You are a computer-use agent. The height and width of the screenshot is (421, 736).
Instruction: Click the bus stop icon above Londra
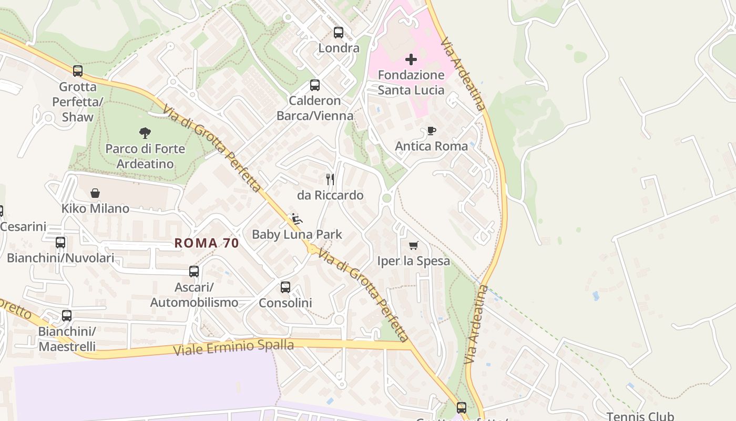[x=339, y=33]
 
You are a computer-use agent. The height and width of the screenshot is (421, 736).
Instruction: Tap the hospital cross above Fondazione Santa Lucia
[x=411, y=59]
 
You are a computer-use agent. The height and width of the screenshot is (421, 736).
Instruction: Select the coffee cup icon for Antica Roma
[x=432, y=131]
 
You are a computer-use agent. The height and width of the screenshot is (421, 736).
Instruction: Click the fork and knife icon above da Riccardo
[x=330, y=179]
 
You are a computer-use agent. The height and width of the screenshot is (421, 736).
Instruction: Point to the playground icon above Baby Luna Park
[x=297, y=219]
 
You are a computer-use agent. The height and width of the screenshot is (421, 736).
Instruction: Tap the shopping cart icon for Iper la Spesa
[x=414, y=245]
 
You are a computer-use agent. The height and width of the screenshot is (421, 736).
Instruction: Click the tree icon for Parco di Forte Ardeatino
[x=145, y=133]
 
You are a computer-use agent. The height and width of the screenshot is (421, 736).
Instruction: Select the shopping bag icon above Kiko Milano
[x=95, y=193]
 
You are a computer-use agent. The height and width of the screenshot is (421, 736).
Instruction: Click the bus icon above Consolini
[x=285, y=287]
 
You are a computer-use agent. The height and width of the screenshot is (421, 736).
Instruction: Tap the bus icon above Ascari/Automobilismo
[x=194, y=272]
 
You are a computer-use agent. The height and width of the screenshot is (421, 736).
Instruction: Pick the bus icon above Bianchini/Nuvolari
[x=60, y=243]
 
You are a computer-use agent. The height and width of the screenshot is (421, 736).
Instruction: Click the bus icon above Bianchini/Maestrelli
[x=67, y=316]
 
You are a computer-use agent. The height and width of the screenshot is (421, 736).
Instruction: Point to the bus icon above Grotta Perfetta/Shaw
[x=78, y=71]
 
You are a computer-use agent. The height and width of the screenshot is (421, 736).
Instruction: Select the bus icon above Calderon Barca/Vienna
[x=315, y=85]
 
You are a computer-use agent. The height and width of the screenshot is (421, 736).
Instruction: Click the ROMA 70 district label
[x=207, y=243]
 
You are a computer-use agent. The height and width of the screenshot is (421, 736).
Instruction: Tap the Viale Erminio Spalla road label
[x=233, y=347]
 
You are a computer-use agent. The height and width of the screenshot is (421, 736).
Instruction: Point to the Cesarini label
[x=23, y=227]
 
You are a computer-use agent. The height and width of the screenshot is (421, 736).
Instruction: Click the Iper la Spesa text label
[x=414, y=261]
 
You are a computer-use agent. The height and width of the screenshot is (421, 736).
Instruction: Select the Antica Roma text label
[x=432, y=146]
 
